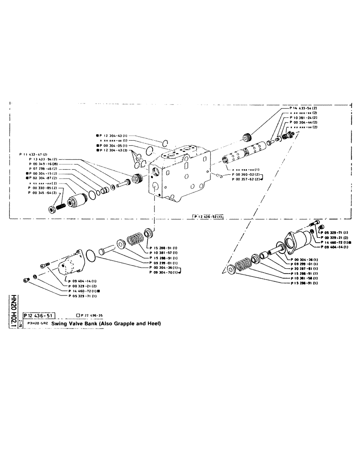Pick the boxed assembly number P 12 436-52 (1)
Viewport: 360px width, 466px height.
click(208, 216)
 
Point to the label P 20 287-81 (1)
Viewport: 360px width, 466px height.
click(304, 268)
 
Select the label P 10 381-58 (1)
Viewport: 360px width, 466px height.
click(304, 278)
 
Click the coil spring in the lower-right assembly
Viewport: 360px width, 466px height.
click(244, 267)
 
